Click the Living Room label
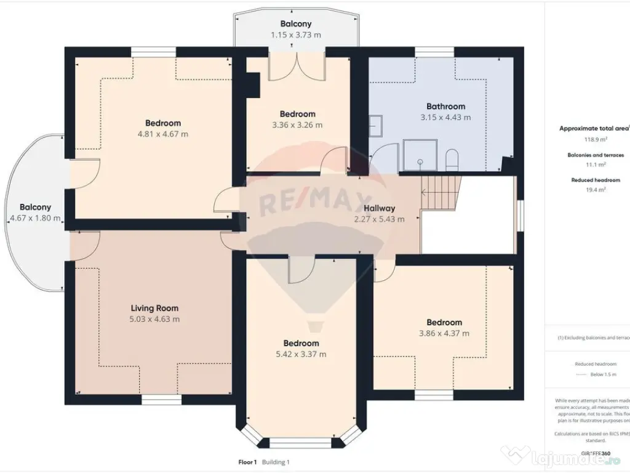(x=154, y=308)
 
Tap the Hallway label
(x=379, y=208)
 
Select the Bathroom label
(x=446, y=106)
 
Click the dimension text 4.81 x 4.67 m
(x=163, y=134)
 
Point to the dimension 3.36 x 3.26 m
(x=297, y=125)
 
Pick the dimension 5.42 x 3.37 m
(x=301, y=354)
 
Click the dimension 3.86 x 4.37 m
(x=444, y=333)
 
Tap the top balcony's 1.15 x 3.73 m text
(x=296, y=35)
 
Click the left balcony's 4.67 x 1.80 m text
(x=35, y=218)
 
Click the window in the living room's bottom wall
(x=161, y=400)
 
